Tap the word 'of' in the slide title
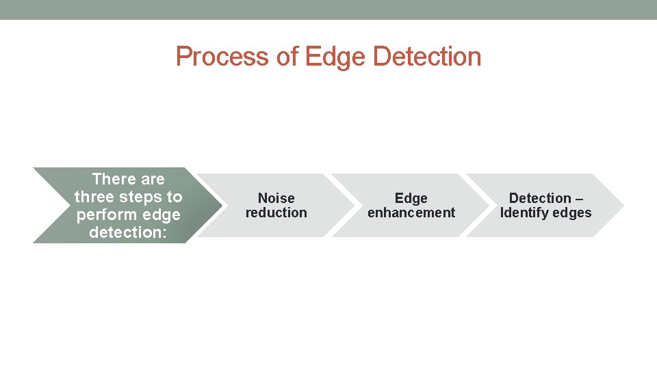tap(287, 57)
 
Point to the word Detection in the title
tap(427, 57)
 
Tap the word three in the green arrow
tap(96, 197)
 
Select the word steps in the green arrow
tap(142, 197)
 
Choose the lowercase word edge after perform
tap(162, 215)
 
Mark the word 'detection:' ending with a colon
tap(129, 232)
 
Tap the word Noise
tap(276, 198)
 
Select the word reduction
tap(276, 213)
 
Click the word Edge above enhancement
tap(411, 198)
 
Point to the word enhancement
tap(411, 213)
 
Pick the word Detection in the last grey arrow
tap(540, 198)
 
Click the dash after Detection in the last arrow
tap(579, 198)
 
